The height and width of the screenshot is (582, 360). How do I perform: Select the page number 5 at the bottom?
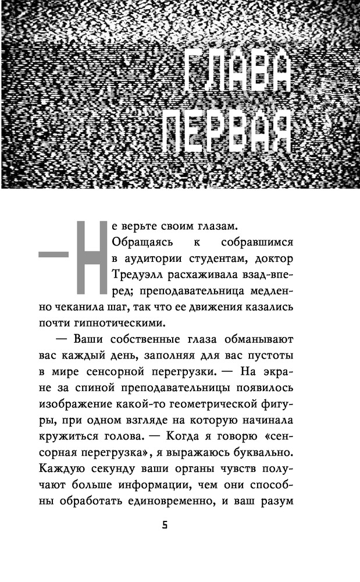click(165, 524)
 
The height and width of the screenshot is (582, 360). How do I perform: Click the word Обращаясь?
click(137, 242)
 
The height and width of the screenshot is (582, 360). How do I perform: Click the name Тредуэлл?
click(134, 274)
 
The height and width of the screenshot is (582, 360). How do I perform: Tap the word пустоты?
click(272, 355)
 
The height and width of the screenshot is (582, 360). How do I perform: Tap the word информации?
click(181, 468)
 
